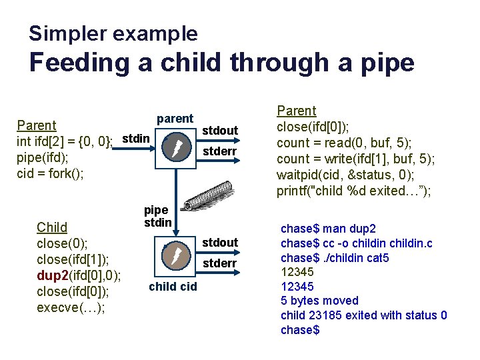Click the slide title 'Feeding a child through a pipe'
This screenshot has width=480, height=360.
(x=221, y=63)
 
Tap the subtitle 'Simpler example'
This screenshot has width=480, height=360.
(x=113, y=33)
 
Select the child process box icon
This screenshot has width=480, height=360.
(x=176, y=257)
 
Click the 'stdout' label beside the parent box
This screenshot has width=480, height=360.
(x=220, y=130)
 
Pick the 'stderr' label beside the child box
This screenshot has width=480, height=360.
(x=220, y=263)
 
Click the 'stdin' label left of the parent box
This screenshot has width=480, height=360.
(x=137, y=139)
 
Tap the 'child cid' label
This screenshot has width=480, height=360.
(x=172, y=287)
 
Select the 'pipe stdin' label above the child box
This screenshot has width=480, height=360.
(x=158, y=216)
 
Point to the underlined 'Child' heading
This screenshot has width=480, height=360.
(x=52, y=227)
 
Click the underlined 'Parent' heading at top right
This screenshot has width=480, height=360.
(x=296, y=111)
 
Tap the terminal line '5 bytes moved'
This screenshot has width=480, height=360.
(x=319, y=301)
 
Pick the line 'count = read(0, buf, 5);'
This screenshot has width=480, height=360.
(x=344, y=143)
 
